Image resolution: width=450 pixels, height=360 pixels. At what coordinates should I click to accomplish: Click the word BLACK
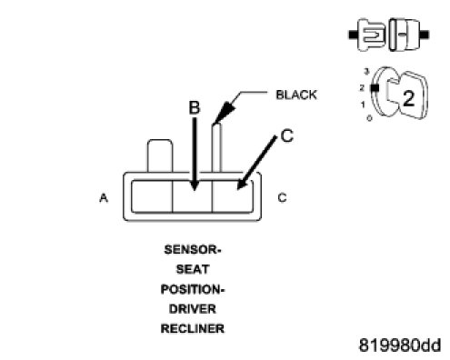click(296, 95)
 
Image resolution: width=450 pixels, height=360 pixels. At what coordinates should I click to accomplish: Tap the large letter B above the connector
click(195, 107)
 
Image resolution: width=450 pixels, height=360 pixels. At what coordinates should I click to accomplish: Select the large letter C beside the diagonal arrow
click(287, 135)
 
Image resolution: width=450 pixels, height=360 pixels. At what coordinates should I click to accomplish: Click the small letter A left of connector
click(104, 198)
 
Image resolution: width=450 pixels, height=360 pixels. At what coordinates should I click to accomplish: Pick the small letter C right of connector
click(282, 198)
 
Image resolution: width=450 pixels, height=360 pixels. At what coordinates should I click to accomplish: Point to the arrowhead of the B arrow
click(195, 185)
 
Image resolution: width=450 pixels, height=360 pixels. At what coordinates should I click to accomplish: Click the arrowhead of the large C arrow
click(242, 184)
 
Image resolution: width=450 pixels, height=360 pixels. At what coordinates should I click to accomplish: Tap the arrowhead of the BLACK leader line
click(224, 114)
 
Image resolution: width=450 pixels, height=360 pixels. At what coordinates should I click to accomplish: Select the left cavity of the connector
click(152, 196)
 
